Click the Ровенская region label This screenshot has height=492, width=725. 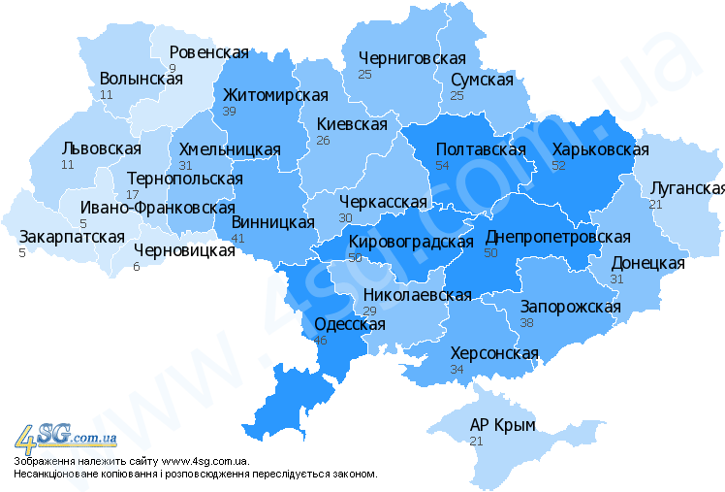point(208,52)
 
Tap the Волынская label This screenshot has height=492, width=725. point(141,80)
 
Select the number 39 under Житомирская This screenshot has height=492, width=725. point(230,112)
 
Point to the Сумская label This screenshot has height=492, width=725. point(482,80)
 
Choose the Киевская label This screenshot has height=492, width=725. point(352,124)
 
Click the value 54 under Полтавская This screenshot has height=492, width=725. point(444,166)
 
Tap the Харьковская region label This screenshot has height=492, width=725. point(600,149)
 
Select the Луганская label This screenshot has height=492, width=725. point(687,188)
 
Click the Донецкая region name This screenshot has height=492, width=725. point(647,263)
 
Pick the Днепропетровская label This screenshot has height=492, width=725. point(557,237)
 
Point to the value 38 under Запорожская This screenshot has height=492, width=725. point(527,323)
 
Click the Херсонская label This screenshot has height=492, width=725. point(494,353)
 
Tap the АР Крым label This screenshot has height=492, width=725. point(502,425)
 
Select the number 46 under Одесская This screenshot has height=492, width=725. point(322,341)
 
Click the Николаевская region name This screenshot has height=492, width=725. point(417,295)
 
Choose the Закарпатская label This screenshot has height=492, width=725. point(72,237)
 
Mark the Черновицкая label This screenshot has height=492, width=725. point(184,250)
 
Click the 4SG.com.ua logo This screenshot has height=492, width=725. point(64,437)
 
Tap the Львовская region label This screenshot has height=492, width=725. point(101,148)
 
